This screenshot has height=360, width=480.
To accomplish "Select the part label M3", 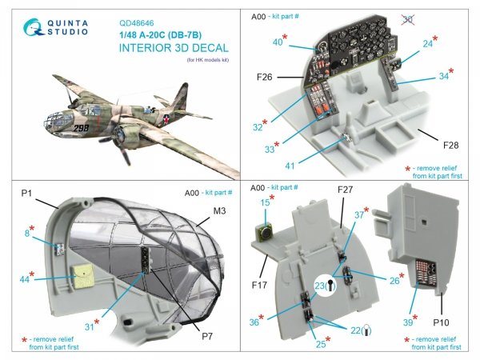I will pyautogui.click(x=207, y=211).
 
